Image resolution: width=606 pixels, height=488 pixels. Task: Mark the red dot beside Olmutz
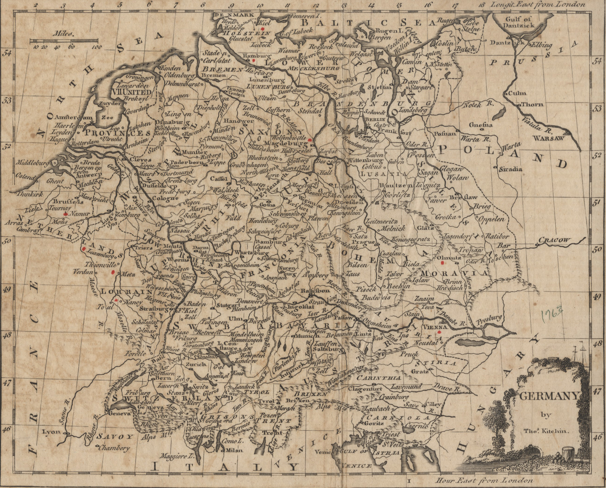pos(443,263)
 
